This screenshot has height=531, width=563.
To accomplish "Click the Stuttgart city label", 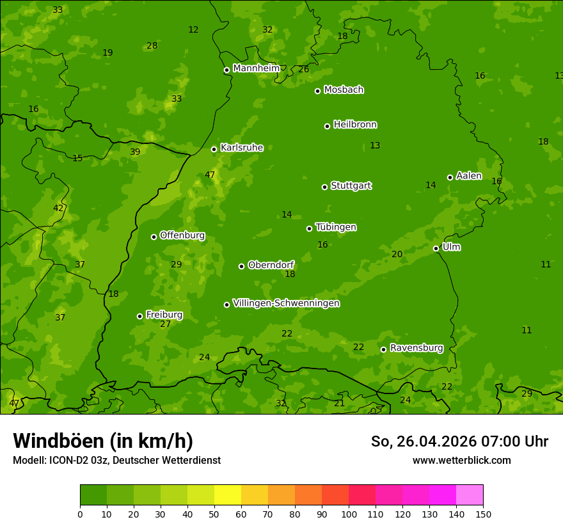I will click(x=351, y=186).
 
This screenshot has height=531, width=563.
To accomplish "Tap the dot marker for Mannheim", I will click(x=226, y=70).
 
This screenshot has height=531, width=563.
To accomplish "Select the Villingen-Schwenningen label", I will click(x=286, y=303).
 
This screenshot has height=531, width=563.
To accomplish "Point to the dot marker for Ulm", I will click(x=436, y=248).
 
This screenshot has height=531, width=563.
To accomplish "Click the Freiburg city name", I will click(x=164, y=315).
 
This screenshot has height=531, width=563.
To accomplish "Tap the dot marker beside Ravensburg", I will click(x=384, y=349).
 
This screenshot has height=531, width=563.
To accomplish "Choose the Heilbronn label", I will click(x=355, y=125).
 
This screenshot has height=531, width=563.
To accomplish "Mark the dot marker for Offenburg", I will click(x=154, y=237).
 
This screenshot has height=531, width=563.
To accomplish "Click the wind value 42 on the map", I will click(x=58, y=208).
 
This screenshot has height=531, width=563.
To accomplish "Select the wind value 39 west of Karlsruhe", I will click(x=135, y=152).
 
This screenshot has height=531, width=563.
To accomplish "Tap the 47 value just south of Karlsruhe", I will click(x=210, y=175).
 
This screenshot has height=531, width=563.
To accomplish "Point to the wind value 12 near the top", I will click(x=193, y=30).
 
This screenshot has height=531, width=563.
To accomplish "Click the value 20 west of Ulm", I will click(x=397, y=255).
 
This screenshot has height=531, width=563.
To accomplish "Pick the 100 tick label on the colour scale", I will click(x=349, y=514).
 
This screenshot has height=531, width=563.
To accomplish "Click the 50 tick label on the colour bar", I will click(x=214, y=514).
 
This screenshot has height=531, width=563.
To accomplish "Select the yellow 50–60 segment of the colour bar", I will click(x=228, y=495).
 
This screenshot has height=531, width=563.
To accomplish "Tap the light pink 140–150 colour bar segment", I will click(x=470, y=495).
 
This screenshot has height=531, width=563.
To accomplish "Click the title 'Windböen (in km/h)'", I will click(x=102, y=441).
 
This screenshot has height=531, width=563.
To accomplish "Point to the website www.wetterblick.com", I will click(x=461, y=461).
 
